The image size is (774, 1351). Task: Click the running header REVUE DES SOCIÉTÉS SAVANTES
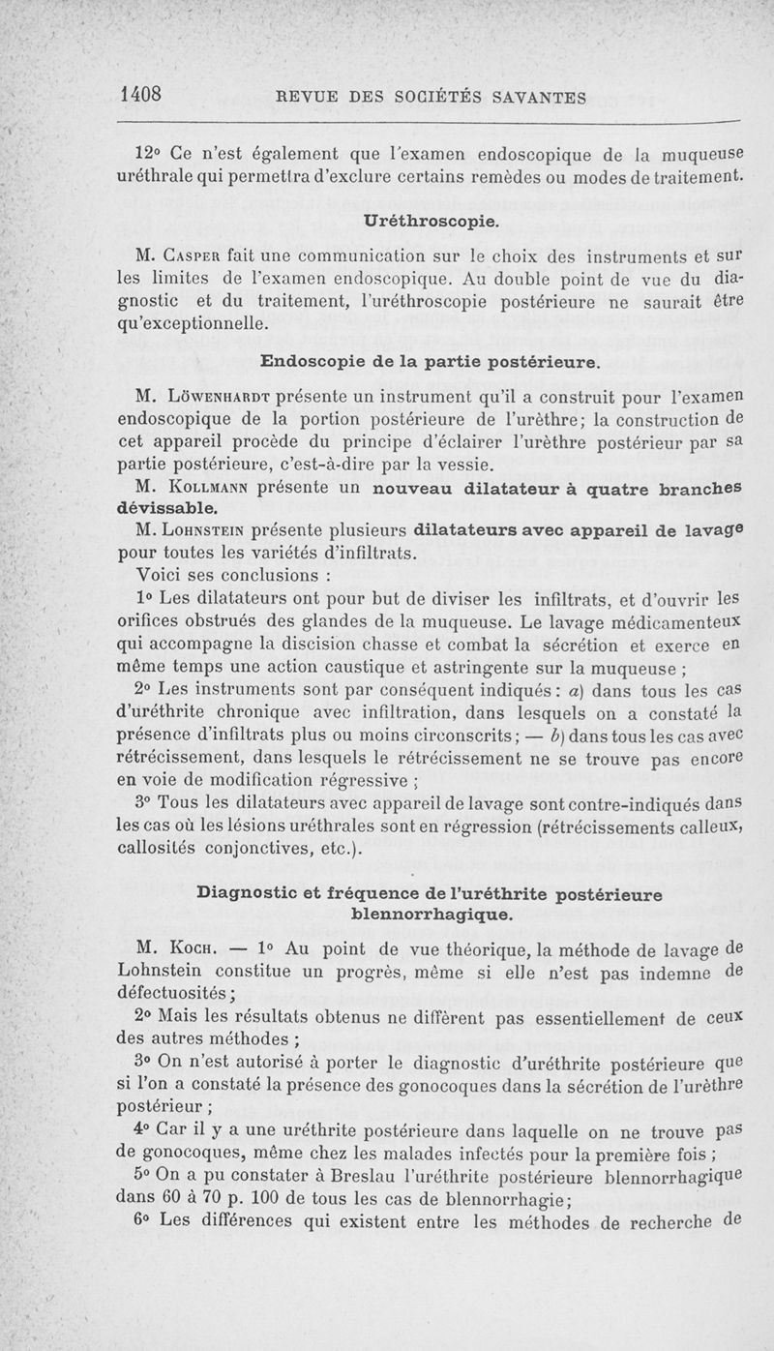tap(432, 97)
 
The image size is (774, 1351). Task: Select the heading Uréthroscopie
tap(431, 222)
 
